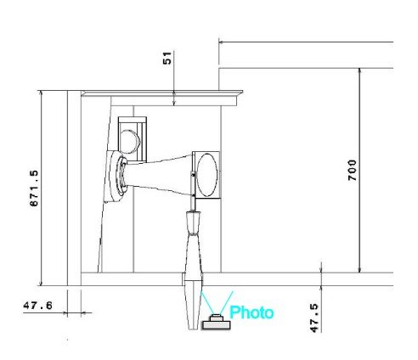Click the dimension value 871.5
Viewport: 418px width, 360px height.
click(34, 188)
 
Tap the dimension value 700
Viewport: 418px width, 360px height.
click(352, 171)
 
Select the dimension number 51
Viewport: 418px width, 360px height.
click(167, 58)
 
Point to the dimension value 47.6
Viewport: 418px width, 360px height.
click(37, 306)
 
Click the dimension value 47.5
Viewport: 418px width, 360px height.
click(314, 318)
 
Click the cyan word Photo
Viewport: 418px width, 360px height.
click(251, 312)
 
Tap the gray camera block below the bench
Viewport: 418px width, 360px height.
click(216, 323)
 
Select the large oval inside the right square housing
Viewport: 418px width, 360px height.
click(207, 175)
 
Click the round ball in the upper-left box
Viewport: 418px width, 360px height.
click(129, 142)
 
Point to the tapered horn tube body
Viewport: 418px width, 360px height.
click(159, 176)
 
